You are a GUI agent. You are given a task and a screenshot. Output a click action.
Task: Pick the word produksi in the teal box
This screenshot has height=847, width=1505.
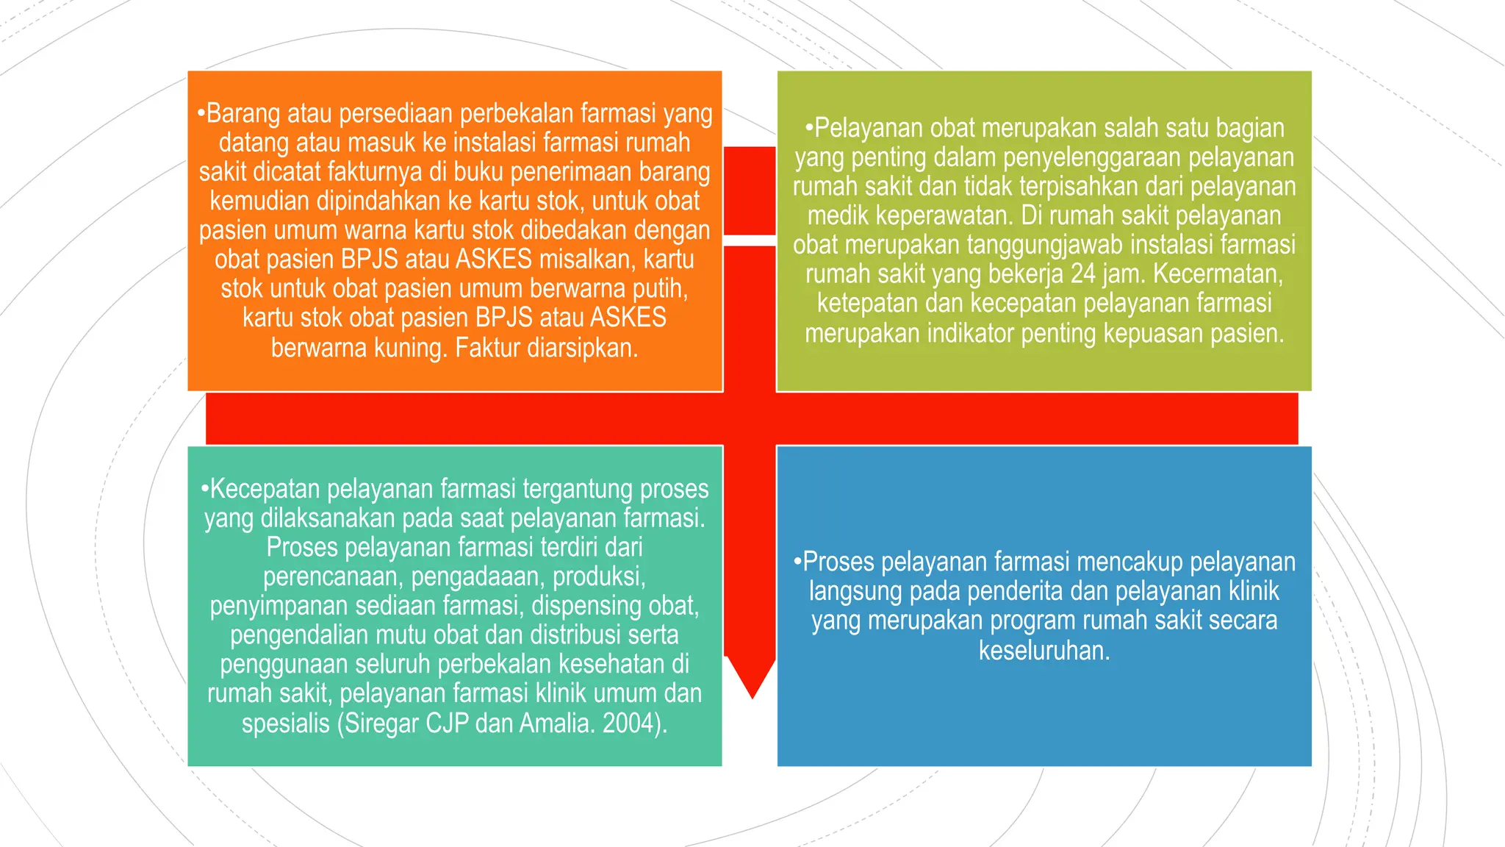tap(598, 576)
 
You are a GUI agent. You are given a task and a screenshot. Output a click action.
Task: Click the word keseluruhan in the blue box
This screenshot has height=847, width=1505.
tap(1044, 650)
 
